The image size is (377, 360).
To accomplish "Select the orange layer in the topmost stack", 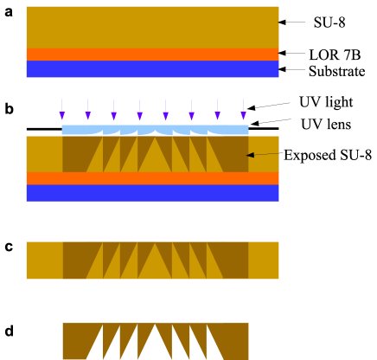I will (152, 54).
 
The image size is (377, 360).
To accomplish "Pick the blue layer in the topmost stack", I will (152, 68).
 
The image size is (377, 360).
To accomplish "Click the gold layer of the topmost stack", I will (152, 27).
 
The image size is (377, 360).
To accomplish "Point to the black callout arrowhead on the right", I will (251, 155).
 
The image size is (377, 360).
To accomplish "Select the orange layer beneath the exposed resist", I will (152, 177).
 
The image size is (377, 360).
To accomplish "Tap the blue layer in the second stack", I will (152, 192).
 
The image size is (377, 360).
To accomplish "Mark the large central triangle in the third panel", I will (155, 266).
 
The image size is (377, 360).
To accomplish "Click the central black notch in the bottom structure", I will (155, 348).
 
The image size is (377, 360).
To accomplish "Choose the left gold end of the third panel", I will (44, 260).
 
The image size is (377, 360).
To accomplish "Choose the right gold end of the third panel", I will (263, 260).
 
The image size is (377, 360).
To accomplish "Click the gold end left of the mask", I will (44, 153).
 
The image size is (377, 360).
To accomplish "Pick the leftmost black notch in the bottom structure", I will (95, 349).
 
